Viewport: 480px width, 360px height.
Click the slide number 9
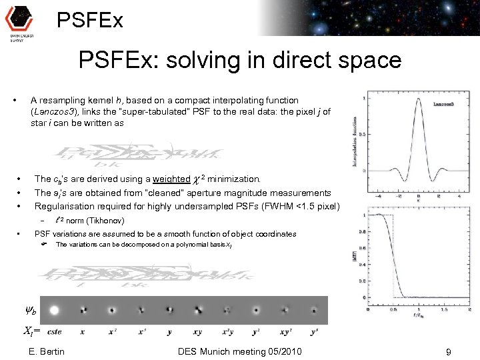[449, 352]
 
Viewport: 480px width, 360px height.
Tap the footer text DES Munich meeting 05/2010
[241, 351]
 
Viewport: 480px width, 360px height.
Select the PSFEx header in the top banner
[89, 20]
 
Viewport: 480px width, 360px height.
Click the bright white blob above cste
[54, 309]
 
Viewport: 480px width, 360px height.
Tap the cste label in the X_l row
[54, 331]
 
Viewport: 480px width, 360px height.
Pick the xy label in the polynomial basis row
[199, 331]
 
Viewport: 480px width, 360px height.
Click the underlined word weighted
[171, 179]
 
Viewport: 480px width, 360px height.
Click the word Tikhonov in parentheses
[105, 220]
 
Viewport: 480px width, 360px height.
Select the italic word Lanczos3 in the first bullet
[54, 112]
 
